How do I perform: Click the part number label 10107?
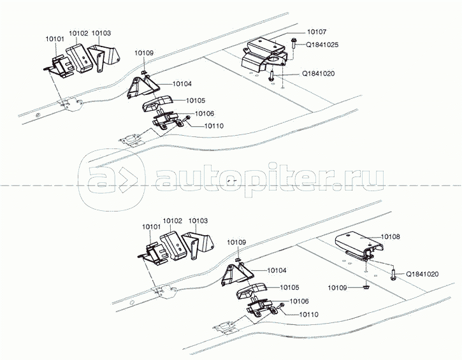point(317,32)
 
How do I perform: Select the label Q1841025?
point(322,45)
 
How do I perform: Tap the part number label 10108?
point(391,236)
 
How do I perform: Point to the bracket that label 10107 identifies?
point(264,56)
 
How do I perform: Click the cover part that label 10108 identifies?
point(359,245)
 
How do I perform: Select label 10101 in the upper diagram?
point(55,39)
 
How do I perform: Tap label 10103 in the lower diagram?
point(198,220)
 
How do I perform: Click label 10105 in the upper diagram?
point(196,101)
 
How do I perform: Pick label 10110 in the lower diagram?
point(309,315)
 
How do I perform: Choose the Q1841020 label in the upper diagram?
point(319,73)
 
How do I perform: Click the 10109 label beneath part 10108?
point(338,287)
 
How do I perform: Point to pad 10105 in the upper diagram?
point(156,103)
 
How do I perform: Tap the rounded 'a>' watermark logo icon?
point(112,180)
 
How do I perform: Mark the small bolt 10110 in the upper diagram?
point(187,119)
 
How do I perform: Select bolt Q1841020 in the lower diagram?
point(393,274)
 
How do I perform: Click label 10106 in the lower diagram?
point(300,301)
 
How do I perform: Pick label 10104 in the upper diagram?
point(182,84)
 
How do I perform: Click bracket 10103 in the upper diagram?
point(105,58)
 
